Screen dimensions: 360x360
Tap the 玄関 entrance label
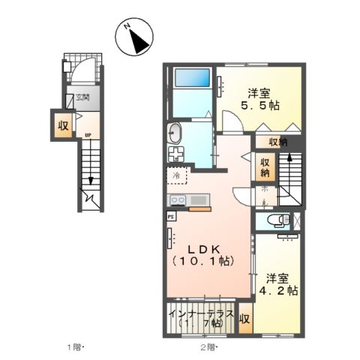82,97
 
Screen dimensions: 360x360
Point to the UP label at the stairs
88,136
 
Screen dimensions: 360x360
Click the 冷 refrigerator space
177,177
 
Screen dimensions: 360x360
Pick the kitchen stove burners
179,200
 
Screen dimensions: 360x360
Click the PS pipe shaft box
170,215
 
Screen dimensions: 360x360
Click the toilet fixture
275,221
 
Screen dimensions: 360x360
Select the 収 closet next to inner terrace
244,318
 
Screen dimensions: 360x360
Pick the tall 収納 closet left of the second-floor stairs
265,167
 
